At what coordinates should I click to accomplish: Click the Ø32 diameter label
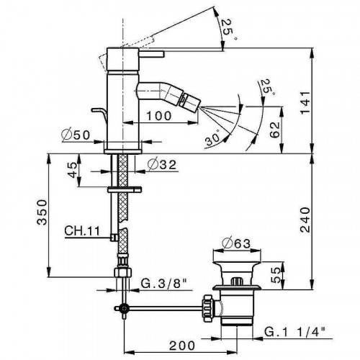click(160, 164)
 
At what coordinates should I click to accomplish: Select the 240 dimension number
click(325, 218)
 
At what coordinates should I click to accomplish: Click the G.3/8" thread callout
click(163, 282)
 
